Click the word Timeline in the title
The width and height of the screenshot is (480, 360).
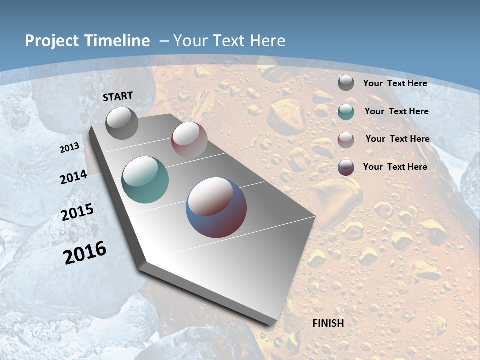point(114,41)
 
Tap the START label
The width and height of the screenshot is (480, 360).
point(118,96)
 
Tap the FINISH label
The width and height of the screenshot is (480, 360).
point(328,323)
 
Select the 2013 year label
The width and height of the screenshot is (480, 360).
point(70,147)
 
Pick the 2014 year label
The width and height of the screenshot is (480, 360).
point(74,177)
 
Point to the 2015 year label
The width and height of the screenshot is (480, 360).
point(77,212)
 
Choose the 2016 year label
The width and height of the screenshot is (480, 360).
point(85,252)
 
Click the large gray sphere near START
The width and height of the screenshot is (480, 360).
point(122,123)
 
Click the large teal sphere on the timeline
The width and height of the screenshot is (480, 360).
point(145,180)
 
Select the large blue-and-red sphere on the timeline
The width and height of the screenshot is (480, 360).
point(216,207)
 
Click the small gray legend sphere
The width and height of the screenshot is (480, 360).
point(346,83)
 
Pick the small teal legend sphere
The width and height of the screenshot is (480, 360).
point(346,111)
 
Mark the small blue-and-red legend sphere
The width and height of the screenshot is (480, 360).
point(346,167)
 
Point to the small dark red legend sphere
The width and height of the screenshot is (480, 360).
point(346,140)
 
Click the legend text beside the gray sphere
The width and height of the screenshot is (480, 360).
point(395,83)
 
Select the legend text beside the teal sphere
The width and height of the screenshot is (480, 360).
point(397,111)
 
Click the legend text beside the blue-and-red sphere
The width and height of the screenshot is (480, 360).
point(395,167)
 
